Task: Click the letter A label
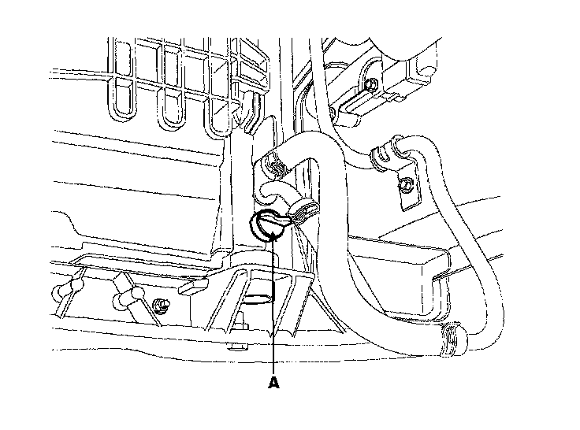pos(273,383)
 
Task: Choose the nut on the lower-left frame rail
pos(162,304)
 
